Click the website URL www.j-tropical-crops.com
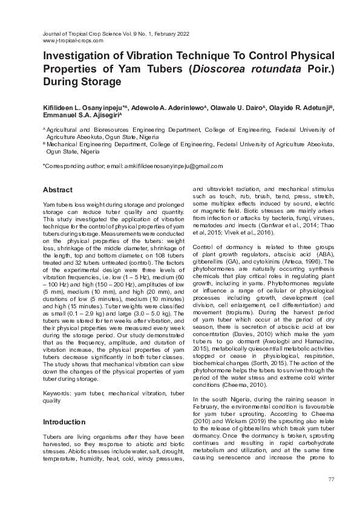point(73,41)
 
